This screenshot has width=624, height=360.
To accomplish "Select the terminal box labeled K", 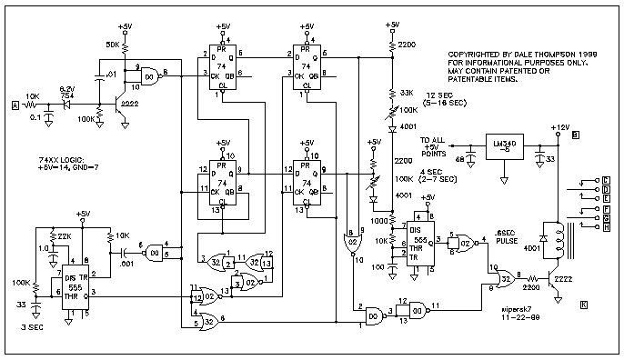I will pyautogui.click(x=583, y=303).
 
